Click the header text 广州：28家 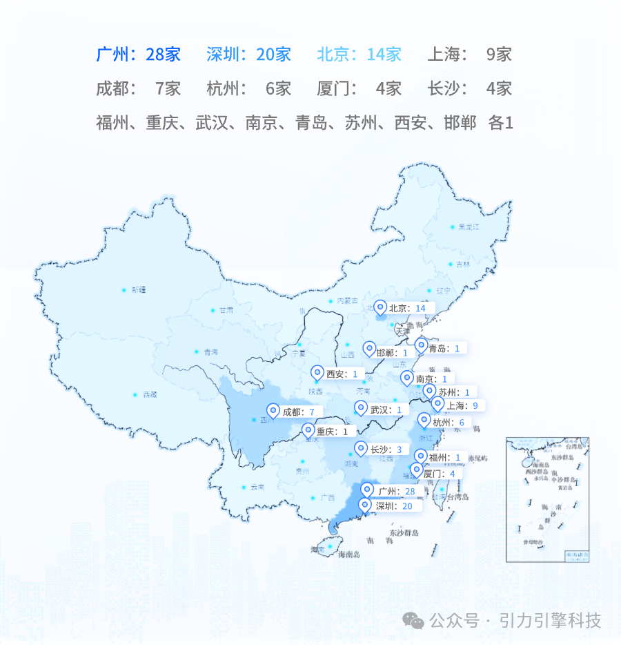coord(138,54)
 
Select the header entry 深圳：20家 coord(248,54)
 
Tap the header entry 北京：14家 coord(359,54)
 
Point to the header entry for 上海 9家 coord(470,54)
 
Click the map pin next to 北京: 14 coord(379,308)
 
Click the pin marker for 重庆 coord(308,432)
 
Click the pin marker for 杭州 coord(424,421)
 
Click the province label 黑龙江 coord(469,227)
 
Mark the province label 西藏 coord(150,395)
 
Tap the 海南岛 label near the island coord(349,554)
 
